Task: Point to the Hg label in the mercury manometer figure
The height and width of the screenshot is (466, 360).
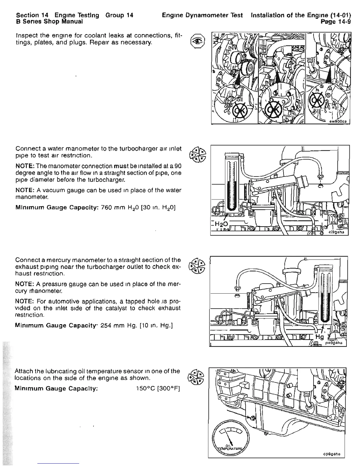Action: coord(319,337)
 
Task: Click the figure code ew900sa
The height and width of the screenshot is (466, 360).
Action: coord(338,121)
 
